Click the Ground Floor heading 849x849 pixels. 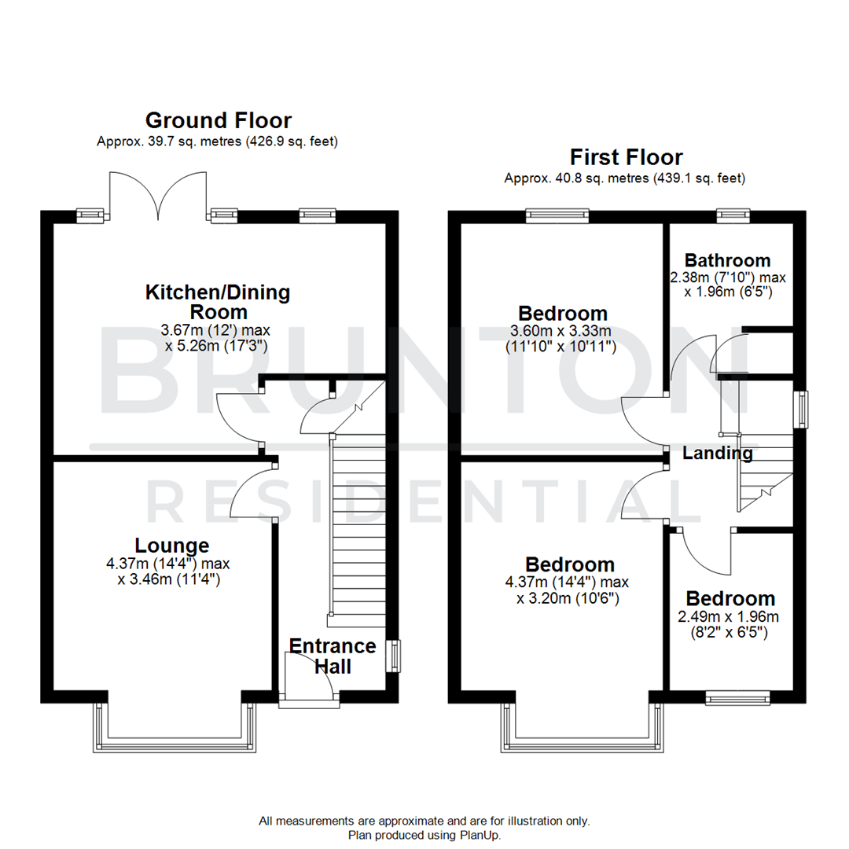[219, 120]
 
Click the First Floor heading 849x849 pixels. [627, 156]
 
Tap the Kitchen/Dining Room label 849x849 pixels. [218, 303]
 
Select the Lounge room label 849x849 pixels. [171, 545]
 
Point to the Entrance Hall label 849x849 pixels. [333, 656]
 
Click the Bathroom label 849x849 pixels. [727, 260]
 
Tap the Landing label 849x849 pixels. [717, 453]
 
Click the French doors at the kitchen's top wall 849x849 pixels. [160, 194]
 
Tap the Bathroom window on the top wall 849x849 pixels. [736, 212]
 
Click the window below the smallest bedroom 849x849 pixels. [737, 696]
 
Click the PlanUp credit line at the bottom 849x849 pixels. [424, 835]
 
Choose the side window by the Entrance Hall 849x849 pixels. [394, 656]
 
